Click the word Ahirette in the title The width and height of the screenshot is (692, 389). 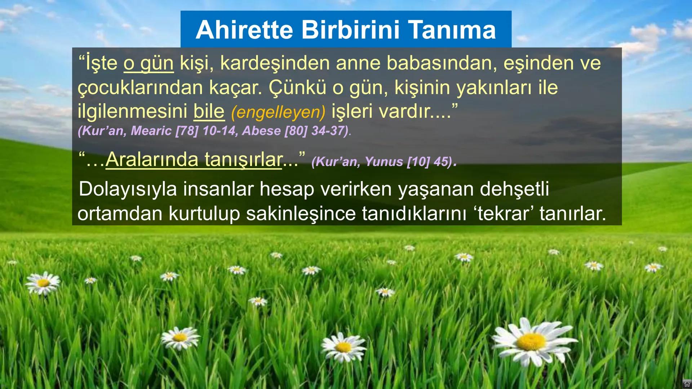244,30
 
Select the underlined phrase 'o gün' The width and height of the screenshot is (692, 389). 148,63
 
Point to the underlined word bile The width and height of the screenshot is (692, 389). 209,111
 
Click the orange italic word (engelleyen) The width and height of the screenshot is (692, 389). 278,112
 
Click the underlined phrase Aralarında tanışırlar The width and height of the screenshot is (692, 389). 194,160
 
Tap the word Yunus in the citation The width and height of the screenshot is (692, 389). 384,162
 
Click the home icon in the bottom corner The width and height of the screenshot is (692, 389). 686,384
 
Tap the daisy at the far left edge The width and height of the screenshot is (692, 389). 43,283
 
